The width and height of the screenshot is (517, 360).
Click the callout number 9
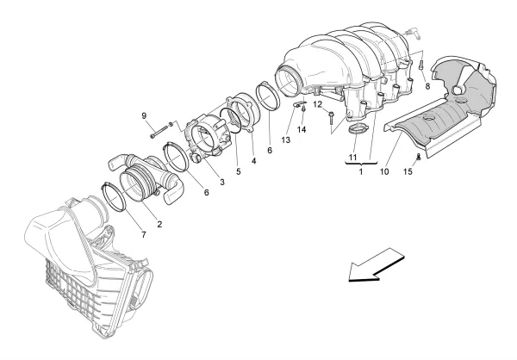[145, 115]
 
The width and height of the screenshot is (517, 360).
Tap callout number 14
[302, 130]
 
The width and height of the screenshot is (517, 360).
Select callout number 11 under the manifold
[352, 158]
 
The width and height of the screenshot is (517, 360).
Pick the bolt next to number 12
[332, 121]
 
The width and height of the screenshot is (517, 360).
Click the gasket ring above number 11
[357, 130]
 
